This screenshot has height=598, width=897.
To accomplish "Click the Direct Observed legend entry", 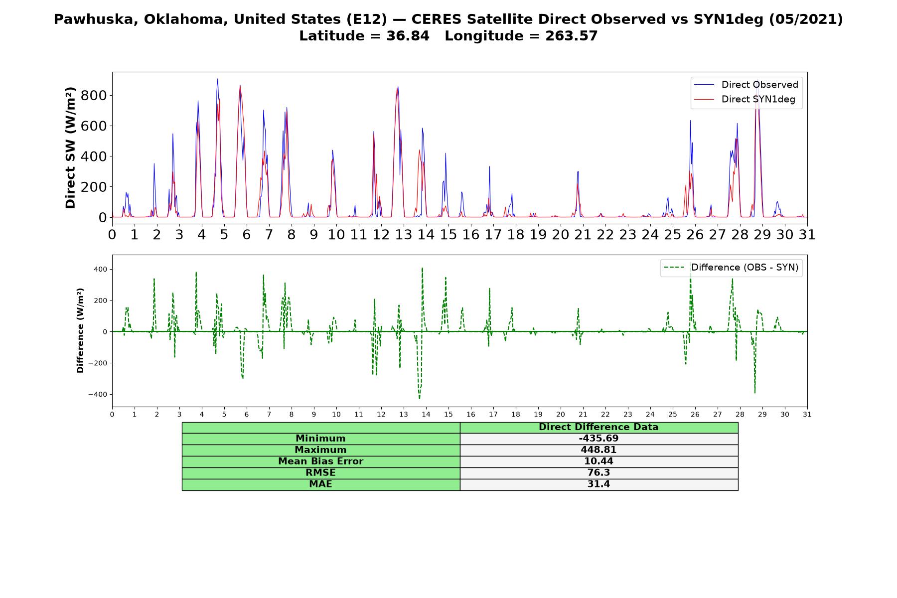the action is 747,85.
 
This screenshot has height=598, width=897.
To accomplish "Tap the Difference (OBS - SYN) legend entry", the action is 732,268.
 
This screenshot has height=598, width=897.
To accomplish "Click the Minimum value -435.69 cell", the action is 598,439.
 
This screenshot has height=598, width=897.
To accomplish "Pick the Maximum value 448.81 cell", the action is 598,450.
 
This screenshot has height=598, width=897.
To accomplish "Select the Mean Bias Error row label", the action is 321,461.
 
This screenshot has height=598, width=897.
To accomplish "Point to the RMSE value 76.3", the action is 598,473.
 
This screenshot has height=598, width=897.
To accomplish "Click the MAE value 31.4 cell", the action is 598,484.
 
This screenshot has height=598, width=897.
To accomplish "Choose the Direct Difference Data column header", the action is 598,427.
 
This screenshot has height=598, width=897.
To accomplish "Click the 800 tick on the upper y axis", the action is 94,95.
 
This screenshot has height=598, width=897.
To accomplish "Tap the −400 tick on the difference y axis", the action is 97,394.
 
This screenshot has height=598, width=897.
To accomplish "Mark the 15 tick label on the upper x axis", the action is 448,234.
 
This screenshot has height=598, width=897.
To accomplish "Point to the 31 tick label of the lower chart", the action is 807,414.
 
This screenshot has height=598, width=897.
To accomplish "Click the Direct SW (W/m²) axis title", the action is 70,148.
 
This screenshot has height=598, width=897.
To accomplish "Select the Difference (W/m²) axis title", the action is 80,330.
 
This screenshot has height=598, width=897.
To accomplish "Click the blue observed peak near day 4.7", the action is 217,79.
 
